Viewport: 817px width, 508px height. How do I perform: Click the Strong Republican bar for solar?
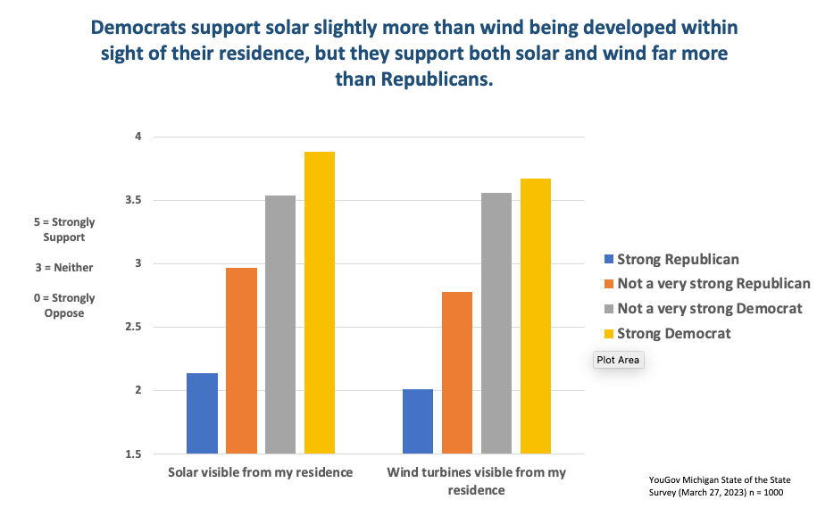(202, 413)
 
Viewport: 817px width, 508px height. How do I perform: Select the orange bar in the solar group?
(241, 361)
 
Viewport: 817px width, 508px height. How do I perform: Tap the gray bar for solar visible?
(280, 324)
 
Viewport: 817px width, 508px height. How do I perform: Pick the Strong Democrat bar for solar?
(320, 303)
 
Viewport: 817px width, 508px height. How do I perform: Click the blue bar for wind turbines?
(418, 421)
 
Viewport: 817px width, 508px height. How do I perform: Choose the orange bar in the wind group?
(457, 372)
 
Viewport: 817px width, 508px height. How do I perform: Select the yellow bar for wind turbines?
(536, 316)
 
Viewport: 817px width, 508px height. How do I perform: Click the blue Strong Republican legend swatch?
(609, 260)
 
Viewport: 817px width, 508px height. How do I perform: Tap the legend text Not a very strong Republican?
(713, 284)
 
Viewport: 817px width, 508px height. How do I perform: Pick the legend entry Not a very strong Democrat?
(710, 309)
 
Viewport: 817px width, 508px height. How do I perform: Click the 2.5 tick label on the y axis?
(134, 327)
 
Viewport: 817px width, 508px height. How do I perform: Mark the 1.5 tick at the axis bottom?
(134, 454)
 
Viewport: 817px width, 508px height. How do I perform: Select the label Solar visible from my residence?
(260, 471)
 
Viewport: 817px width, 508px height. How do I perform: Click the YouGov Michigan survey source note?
(720, 486)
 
